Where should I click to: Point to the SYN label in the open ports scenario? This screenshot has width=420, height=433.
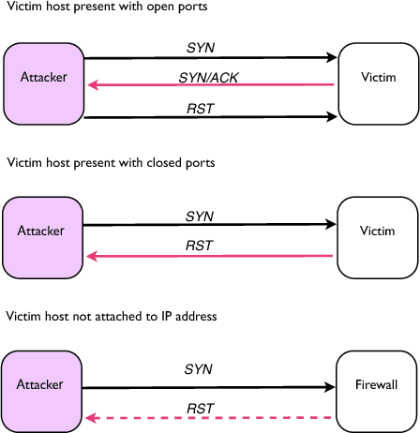pos(199,45)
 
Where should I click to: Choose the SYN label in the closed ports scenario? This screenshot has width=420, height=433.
pos(199,216)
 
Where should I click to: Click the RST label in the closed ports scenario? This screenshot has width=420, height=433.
pos(199,246)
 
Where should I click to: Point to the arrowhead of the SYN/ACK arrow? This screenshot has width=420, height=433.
pos(92,86)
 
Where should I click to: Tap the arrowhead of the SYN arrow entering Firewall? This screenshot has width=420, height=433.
pos(330,386)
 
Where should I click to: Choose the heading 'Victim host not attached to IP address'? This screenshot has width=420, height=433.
pos(112,317)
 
